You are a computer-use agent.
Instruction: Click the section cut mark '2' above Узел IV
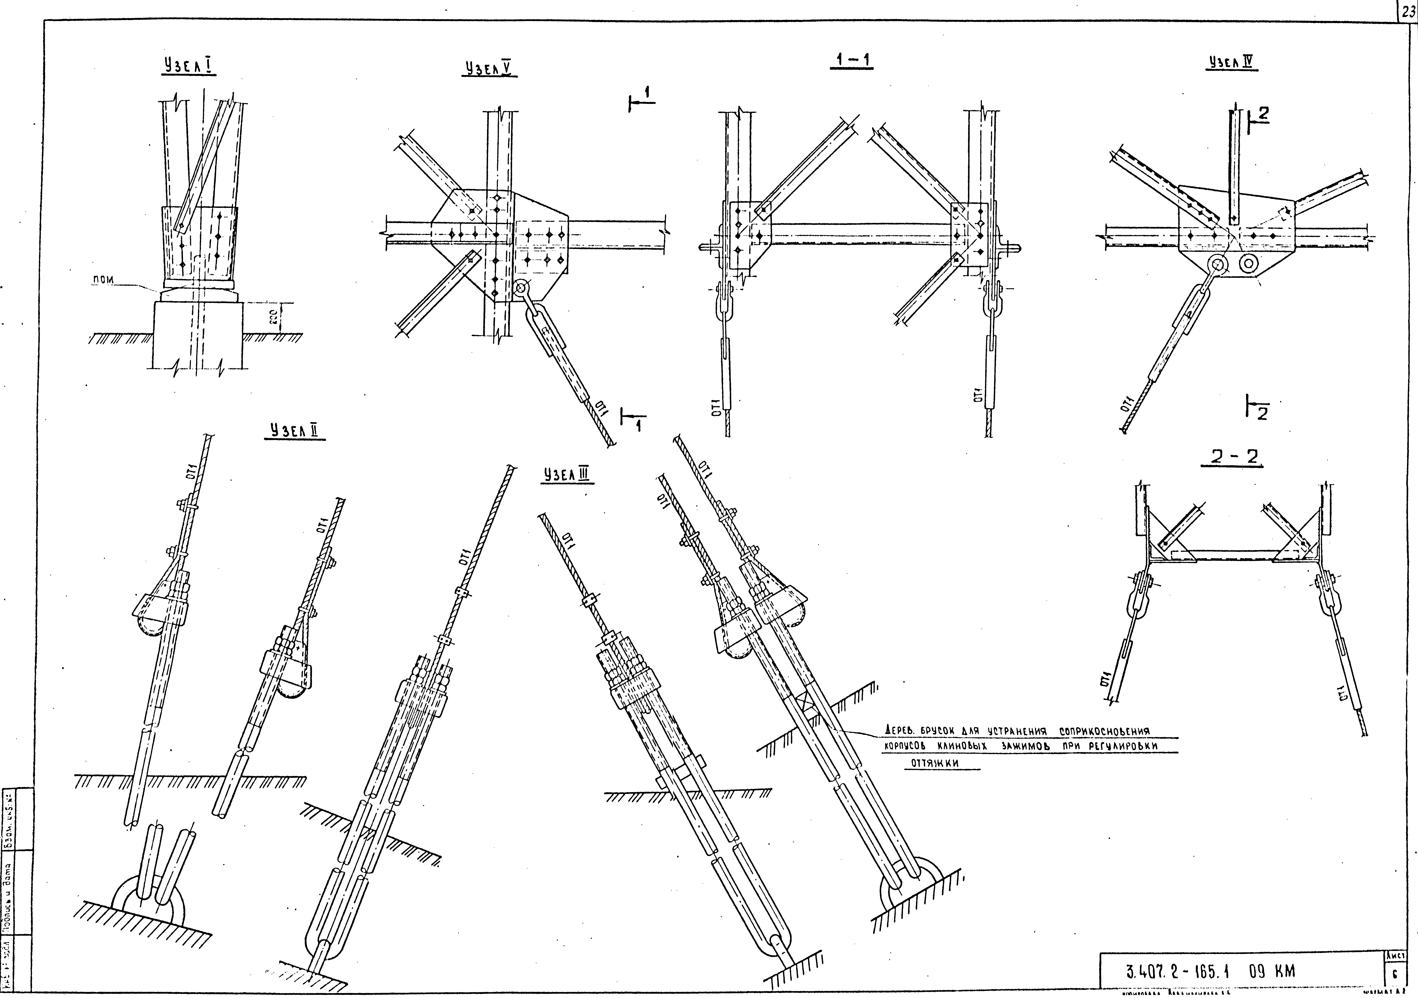tap(1262, 114)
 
